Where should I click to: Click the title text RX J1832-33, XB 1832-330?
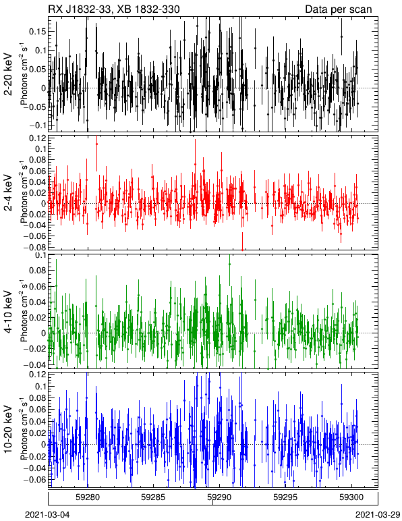tap(114, 9)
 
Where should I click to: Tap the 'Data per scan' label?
tap(339, 9)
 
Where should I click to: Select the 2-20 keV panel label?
tap(8, 74)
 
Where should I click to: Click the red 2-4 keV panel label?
tap(8, 193)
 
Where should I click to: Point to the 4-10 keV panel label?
tap(8, 312)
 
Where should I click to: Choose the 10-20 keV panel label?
tap(8, 429)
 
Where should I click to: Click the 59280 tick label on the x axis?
tap(88, 497)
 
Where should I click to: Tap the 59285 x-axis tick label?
tap(153, 497)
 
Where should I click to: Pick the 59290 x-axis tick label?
tap(219, 497)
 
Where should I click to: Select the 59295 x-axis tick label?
tap(285, 497)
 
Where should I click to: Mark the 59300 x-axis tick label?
tap(351, 497)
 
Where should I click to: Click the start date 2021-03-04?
tap(47, 515)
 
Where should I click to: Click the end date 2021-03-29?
tap(378, 515)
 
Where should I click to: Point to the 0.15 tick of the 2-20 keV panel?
tap(38, 31)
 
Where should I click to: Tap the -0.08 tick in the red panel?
tap(35, 247)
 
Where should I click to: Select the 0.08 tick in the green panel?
tap(38, 270)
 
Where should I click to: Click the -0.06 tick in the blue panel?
tap(35, 479)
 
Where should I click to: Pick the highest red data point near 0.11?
tap(96, 144)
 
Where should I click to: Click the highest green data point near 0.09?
tap(229, 264)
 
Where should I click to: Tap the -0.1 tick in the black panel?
tap(38, 126)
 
